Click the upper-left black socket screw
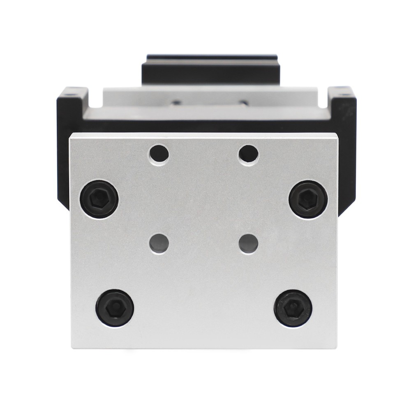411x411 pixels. point(99,199)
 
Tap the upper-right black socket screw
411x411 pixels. point(308,199)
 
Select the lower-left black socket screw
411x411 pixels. point(115,308)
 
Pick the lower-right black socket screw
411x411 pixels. point(293,308)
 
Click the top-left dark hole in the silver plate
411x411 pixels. point(159,154)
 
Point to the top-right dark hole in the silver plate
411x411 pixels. point(249,154)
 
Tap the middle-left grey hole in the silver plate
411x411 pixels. point(159,243)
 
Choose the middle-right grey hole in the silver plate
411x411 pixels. point(249,243)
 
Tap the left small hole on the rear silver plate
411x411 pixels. point(177,103)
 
